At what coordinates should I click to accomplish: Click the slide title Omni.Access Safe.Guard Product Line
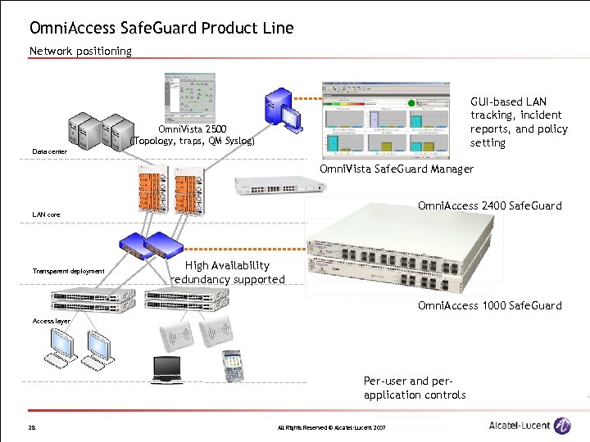point(161,28)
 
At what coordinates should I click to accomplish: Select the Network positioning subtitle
point(80,51)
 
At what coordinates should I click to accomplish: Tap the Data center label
point(50,151)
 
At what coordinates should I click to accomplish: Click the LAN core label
point(46,214)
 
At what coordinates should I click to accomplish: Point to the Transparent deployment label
point(69,271)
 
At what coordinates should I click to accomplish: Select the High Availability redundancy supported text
point(227,273)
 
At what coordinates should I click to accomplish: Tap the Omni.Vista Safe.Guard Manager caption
point(396,169)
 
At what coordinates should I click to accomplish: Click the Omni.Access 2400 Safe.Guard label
point(489,205)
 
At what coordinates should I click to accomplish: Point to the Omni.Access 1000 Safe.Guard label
point(489,305)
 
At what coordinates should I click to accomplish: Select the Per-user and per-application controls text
point(415,388)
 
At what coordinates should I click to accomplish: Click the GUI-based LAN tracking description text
point(518,122)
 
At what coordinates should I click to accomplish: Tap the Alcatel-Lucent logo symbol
point(562,426)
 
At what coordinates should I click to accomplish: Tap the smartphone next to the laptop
point(234,366)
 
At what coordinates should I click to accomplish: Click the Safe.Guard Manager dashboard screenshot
point(385,120)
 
